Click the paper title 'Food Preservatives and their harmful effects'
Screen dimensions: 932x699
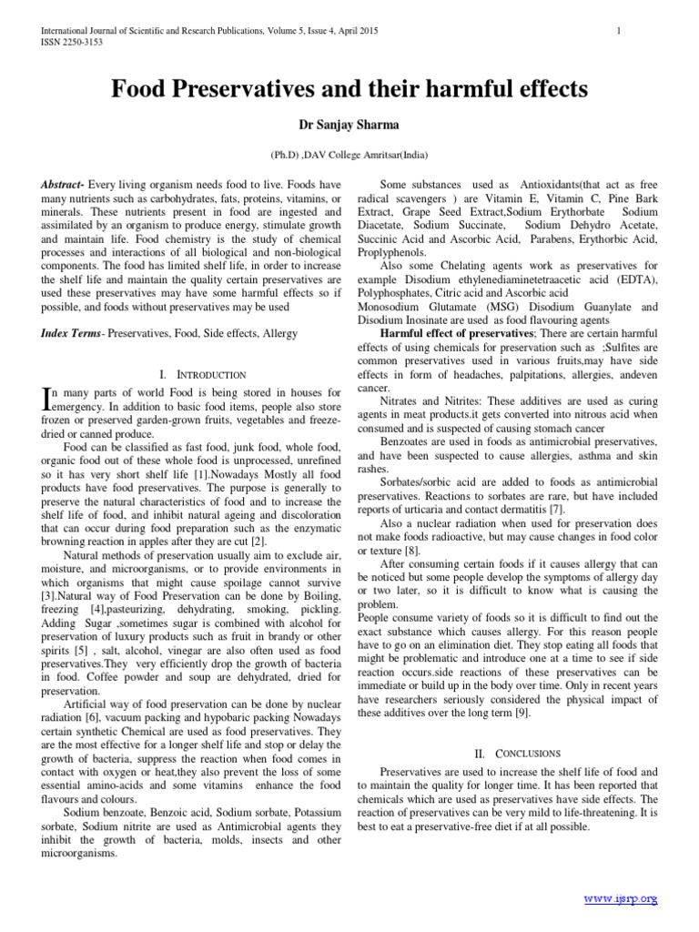[x=349, y=89]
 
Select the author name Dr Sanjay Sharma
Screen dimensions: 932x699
[x=349, y=125]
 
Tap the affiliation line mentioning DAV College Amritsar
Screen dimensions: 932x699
[x=349, y=156]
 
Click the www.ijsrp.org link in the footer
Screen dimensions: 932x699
[x=621, y=898]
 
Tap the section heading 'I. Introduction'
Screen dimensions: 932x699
[x=202, y=374]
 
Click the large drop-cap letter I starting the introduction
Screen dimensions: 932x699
[x=48, y=396]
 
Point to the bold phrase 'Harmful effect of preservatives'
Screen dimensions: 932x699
[x=444, y=334]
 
